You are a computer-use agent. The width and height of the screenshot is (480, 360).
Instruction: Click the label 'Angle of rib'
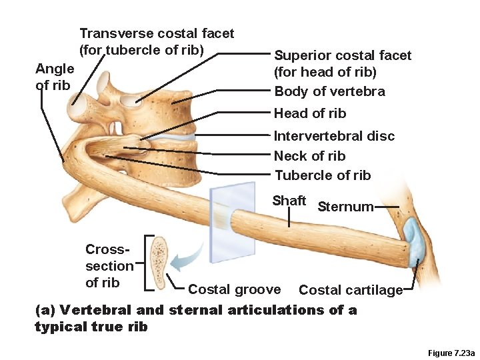54,77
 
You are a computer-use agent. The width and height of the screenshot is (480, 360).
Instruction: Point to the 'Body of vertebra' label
329,92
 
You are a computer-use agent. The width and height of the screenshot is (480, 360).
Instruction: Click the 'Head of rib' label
310,113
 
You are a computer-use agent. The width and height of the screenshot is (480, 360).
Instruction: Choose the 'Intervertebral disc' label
334,136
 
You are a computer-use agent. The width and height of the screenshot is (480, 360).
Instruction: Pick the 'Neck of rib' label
309,156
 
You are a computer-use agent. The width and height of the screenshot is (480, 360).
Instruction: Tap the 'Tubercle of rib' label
322,175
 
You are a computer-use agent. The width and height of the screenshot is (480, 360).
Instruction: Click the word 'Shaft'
289,201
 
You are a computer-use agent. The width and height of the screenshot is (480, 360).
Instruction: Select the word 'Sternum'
345,207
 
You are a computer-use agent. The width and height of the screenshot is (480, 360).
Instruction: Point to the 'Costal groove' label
234,289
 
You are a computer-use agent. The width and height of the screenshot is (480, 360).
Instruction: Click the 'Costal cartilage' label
351,290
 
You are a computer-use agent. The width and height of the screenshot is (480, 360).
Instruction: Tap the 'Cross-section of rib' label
109,266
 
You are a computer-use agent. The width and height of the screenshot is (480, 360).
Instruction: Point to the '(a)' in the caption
45,310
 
